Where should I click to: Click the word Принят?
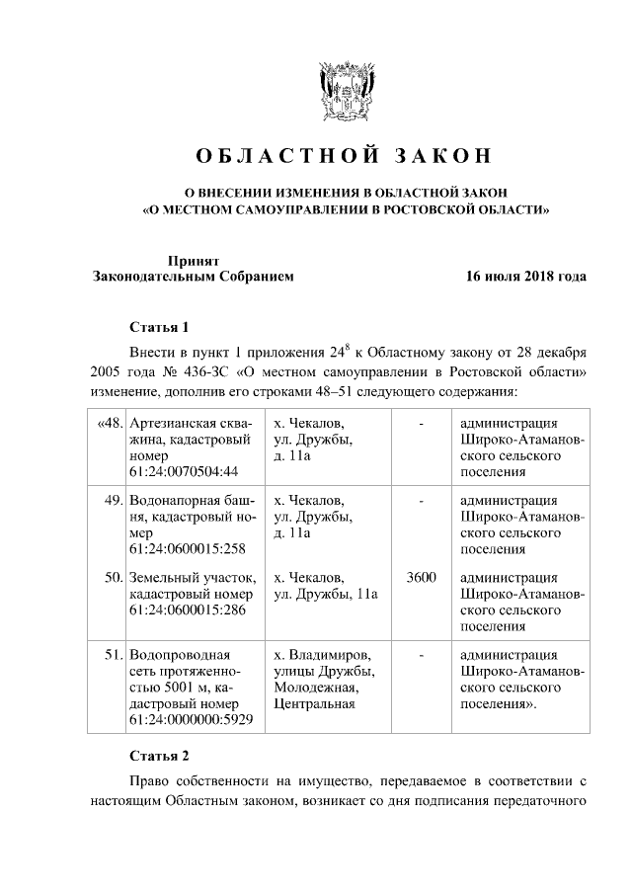192,260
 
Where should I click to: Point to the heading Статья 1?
158,327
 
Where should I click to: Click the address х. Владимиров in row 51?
322,655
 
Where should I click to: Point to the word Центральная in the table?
314,703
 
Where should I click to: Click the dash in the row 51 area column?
422,655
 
